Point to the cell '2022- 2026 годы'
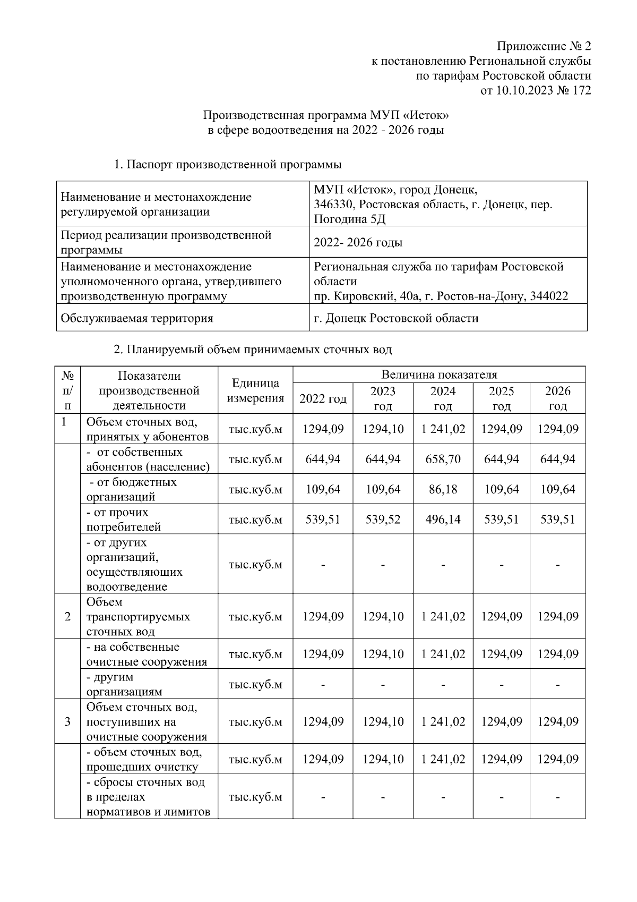click(358, 243)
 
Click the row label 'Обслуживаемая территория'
click(137, 318)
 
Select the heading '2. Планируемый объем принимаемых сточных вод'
click(253, 350)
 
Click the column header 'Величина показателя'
click(439, 375)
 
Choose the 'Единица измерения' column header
click(255, 390)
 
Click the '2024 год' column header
click(443, 398)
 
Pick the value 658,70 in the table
click(443, 459)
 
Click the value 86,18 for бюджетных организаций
click(443, 489)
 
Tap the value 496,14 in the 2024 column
click(443, 520)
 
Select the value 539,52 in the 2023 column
click(383, 520)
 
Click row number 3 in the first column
click(67, 722)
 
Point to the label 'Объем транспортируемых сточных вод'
click(139, 617)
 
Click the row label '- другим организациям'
click(125, 684)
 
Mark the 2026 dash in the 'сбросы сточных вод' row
click(557, 797)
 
